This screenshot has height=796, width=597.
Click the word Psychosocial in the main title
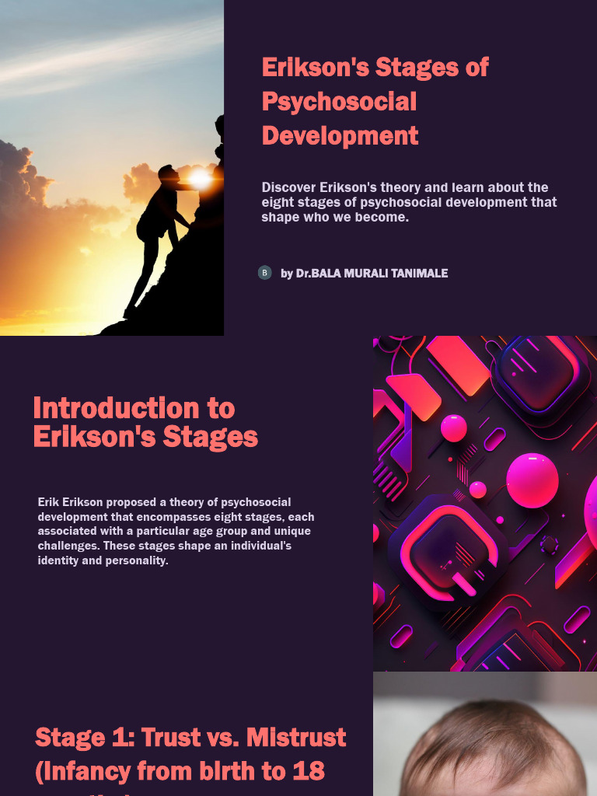pos(339,102)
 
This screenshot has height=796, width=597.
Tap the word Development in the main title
pos(340,136)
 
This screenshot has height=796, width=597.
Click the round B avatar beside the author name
pos(264,273)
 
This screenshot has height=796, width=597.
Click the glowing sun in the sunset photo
pos(200,179)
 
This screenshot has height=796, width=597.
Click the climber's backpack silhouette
pos(147,223)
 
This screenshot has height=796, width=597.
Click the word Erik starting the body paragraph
pos(47,502)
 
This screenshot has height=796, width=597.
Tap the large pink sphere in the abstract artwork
pos(532,480)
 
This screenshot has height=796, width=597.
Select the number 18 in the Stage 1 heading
pos(309,771)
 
